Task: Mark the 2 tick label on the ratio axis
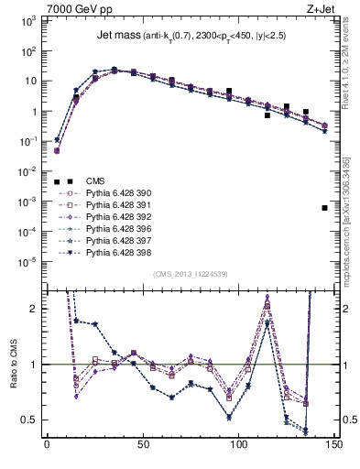pyautogui.click(x=33, y=309)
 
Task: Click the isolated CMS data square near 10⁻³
pyautogui.click(x=325, y=208)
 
